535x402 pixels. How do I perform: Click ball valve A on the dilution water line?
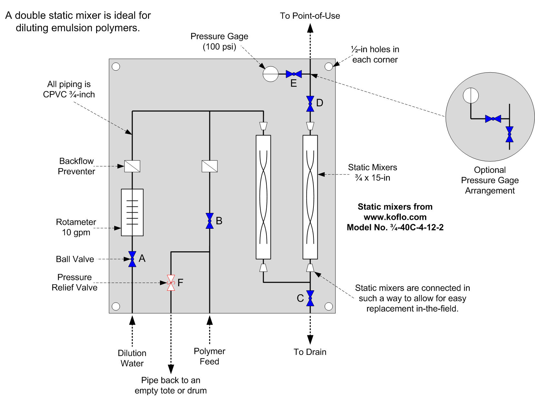132,259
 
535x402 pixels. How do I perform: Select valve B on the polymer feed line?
209,221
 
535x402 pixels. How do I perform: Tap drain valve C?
310,298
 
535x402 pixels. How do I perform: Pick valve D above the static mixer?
310,104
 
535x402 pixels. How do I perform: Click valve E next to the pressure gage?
294,74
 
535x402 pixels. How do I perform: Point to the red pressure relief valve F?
171,283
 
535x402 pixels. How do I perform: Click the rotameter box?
132,212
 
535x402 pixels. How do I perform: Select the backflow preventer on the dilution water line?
132,166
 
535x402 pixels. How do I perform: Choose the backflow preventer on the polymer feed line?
210,166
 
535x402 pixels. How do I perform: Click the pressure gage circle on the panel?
271,74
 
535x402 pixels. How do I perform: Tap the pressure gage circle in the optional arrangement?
471,95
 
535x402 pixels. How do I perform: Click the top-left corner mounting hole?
116,66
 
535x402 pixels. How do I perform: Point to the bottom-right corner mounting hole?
329,307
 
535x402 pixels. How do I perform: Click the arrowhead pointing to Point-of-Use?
310,28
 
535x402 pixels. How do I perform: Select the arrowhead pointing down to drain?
310,340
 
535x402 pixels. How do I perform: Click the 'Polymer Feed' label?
209,356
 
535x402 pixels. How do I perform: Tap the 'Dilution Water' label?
132,358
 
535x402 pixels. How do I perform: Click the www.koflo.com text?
395,217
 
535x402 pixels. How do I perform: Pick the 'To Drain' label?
310,352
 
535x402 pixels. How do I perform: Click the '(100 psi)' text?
219,46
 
